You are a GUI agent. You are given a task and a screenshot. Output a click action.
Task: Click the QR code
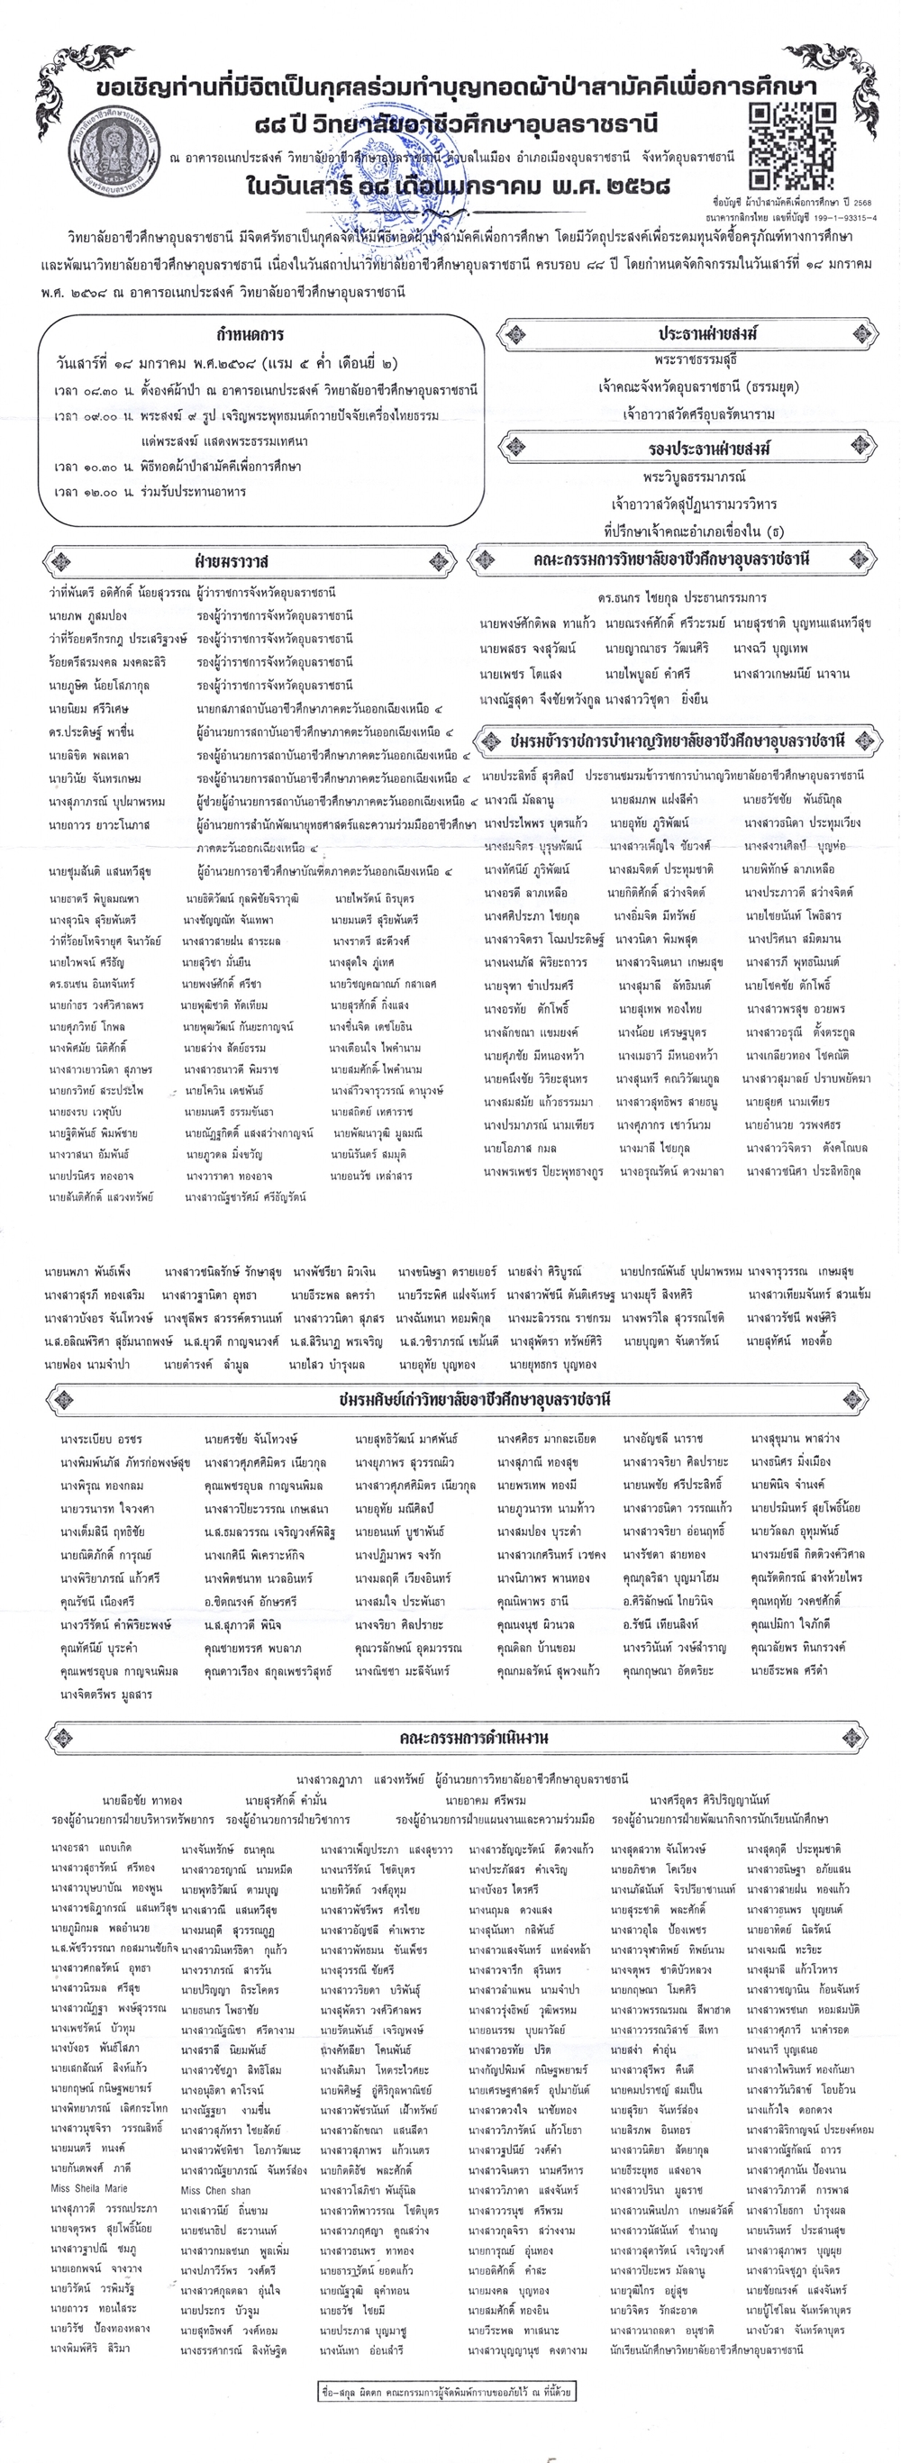tap(791, 147)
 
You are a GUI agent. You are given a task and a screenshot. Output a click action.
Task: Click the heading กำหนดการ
tap(250, 336)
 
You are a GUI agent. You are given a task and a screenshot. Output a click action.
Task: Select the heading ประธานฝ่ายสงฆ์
tap(708, 333)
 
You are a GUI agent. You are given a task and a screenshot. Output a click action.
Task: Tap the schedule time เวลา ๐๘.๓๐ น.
tap(87, 390)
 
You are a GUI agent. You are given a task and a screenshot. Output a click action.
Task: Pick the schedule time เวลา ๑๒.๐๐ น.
tap(87, 492)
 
